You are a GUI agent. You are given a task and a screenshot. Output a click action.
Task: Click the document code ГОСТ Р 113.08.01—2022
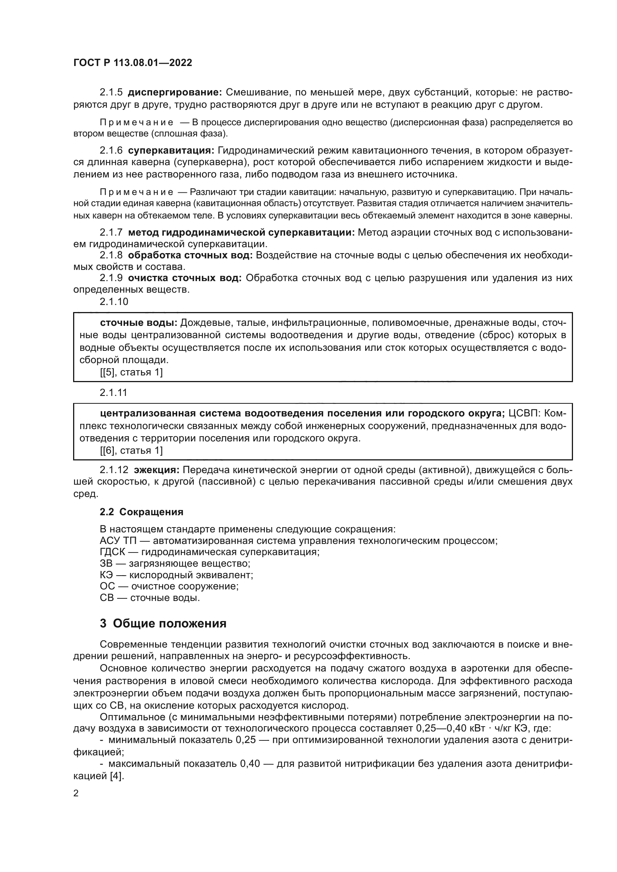tap(132, 63)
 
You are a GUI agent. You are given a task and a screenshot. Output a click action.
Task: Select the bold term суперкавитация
tap(171, 150)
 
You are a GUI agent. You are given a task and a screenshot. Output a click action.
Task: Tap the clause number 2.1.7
tap(111, 232)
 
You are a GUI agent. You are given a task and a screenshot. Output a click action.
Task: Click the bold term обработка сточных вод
tap(190, 255)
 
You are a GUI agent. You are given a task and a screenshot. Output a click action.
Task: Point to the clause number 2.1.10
tap(114, 302)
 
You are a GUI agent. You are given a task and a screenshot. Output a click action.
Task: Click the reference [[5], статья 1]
tap(131, 372)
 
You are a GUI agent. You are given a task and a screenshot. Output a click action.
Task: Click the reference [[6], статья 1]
tap(131, 450)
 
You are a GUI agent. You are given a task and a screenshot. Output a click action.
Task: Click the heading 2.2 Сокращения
tap(141, 512)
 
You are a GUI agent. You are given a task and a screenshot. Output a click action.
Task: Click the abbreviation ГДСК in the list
tap(112, 552)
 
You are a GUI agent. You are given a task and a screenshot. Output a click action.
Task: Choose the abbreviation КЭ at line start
tap(106, 574)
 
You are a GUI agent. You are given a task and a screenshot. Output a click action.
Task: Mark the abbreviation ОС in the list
tap(107, 586)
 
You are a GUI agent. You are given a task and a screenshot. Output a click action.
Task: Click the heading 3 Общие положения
tap(163, 624)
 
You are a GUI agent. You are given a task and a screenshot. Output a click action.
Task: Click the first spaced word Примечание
tap(137, 122)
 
